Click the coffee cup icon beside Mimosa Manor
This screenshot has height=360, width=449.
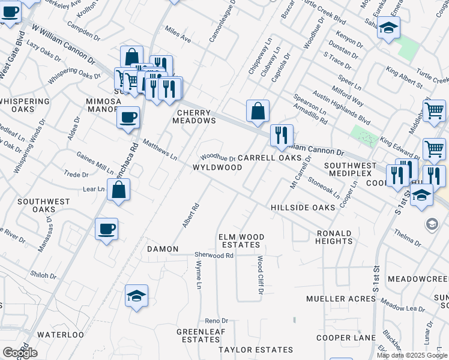[128, 118]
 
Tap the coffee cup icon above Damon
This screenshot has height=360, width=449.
[106, 229]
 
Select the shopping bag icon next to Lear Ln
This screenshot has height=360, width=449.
[119, 190]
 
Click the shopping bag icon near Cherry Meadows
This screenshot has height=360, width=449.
[258, 111]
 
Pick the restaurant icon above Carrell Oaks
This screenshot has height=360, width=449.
[282, 136]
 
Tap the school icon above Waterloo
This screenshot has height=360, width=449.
[136, 296]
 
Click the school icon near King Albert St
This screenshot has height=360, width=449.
[388, 28]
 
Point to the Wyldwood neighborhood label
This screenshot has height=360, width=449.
[217, 167]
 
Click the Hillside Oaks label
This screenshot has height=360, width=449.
[303, 207]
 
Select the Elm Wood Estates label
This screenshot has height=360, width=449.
[241, 241]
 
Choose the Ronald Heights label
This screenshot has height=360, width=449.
[334, 237]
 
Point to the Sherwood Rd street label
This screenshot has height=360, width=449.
[213, 255]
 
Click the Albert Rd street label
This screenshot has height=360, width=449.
[190, 215]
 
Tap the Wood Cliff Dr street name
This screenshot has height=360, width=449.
[261, 275]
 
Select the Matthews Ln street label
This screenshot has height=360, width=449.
[160, 150]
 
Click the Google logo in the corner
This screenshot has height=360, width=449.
[19, 353]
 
